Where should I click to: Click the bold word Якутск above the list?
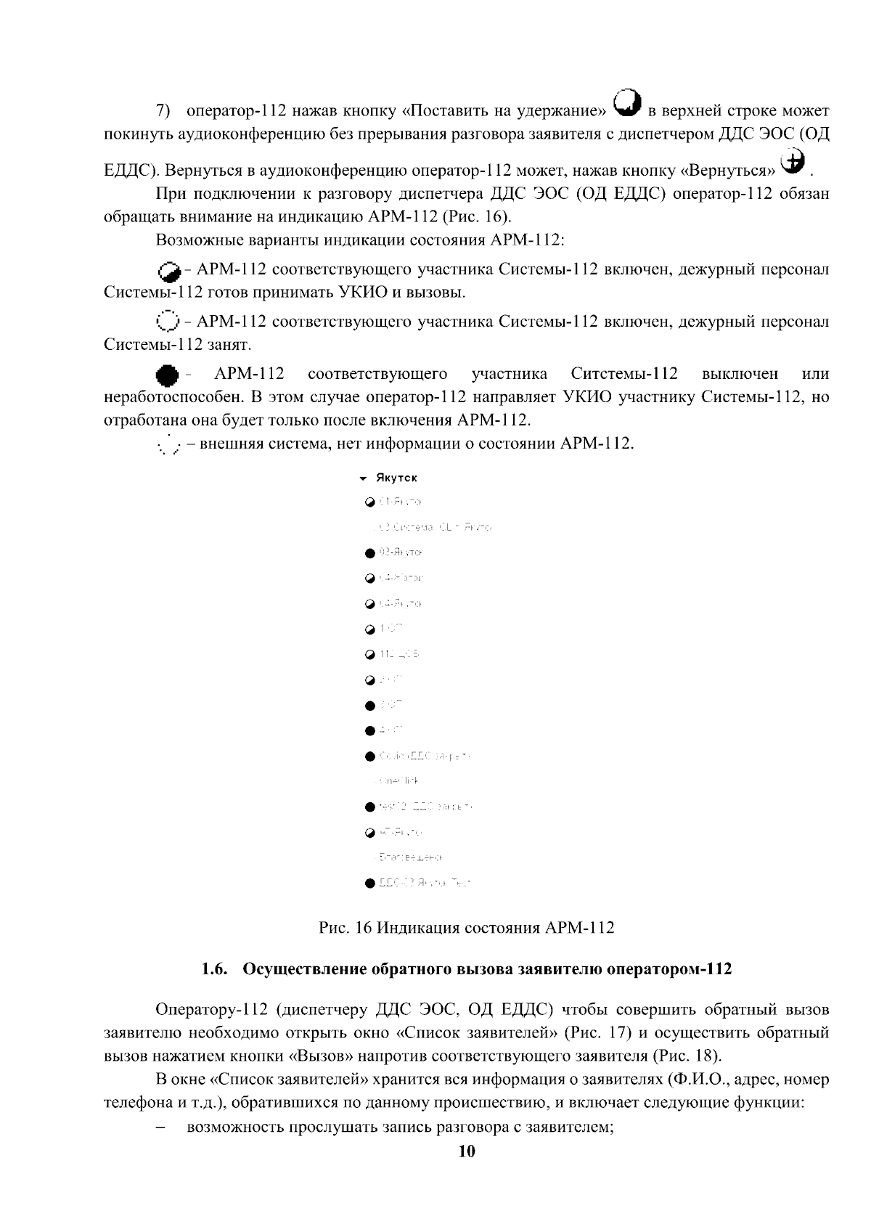[x=396, y=478]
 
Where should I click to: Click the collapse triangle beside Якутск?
[x=363, y=478]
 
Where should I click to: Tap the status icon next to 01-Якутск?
[x=370, y=502]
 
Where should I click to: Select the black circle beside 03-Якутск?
[x=370, y=553]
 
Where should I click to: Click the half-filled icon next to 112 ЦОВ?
[x=370, y=655]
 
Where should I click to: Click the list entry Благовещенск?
[x=411, y=858]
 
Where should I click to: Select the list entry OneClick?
[x=400, y=781]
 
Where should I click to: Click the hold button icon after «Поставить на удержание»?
[x=627, y=102]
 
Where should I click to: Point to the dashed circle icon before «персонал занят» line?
[x=167, y=321]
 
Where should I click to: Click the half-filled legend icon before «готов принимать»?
[x=168, y=271]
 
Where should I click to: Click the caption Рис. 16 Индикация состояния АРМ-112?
[x=467, y=928]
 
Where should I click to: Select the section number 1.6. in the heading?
[x=216, y=969]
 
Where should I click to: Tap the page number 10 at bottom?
[x=466, y=1152]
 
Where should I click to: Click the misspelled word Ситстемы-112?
[x=624, y=374]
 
